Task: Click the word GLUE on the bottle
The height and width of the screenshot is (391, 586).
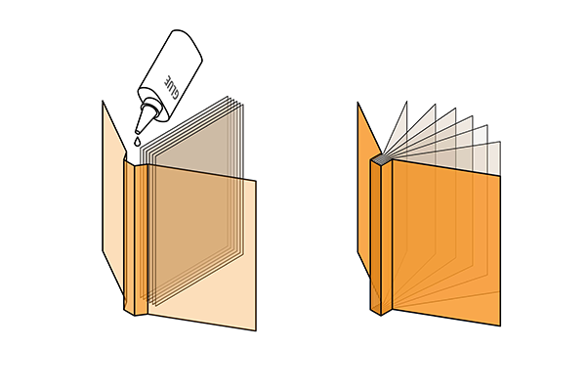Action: click(x=172, y=87)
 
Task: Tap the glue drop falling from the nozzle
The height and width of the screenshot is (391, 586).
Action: click(x=138, y=142)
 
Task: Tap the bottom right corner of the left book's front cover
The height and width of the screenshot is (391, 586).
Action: click(x=256, y=330)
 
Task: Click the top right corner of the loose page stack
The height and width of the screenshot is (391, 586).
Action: click(x=243, y=105)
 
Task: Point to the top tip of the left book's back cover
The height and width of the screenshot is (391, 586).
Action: click(x=103, y=101)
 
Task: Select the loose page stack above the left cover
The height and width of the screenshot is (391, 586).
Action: click(x=192, y=198)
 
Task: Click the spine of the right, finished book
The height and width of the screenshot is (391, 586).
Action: click(x=382, y=237)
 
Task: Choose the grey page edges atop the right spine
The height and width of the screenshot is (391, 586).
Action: click(x=381, y=159)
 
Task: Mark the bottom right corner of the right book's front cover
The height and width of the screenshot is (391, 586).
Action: click(x=500, y=326)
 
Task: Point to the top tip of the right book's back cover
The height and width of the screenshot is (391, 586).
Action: click(x=357, y=102)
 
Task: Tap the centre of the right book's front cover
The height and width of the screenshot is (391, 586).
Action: click(x=446, y=242)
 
